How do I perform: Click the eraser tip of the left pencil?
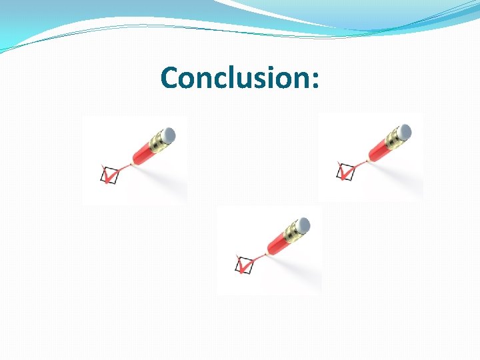[169, 134]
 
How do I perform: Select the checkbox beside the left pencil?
[109, 175]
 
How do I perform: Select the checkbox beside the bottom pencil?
[245, 265]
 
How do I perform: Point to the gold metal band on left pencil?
[159, 141]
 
